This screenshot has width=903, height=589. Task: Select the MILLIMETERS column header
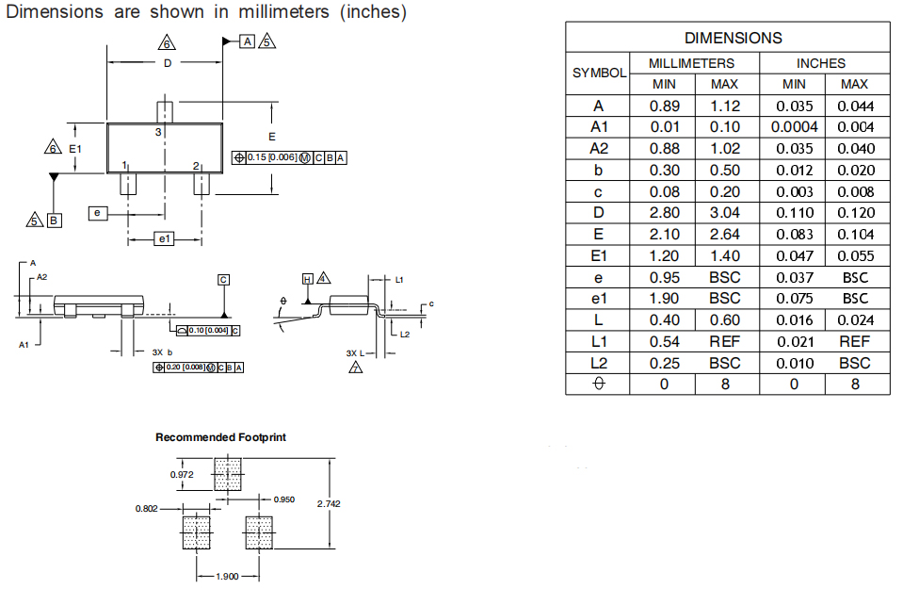[691, 63]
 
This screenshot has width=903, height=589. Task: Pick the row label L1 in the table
[599, 341]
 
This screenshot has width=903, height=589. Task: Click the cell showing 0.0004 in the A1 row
[794, 127]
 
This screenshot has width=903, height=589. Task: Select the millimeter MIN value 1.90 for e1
[665, 299]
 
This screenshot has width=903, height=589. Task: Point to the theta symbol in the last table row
[599, 384]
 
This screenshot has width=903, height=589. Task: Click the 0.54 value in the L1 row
[665, 341]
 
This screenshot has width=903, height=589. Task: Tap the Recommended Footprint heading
[220, 437]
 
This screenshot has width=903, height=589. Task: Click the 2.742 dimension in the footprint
[329, 504]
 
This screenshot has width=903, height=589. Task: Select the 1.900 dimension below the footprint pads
[227, 577]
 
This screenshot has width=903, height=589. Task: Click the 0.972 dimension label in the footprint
[182, 475]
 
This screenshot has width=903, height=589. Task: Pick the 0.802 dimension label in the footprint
[147, 508]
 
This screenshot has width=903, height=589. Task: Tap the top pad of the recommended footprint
[228, 474]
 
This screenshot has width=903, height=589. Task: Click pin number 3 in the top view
[158, 133]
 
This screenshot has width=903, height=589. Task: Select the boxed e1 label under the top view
[165, 239]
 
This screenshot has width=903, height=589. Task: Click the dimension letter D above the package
[168, 63]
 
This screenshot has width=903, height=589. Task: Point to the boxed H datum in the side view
[307, 279]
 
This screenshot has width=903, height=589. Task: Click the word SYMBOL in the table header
[599, 73]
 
